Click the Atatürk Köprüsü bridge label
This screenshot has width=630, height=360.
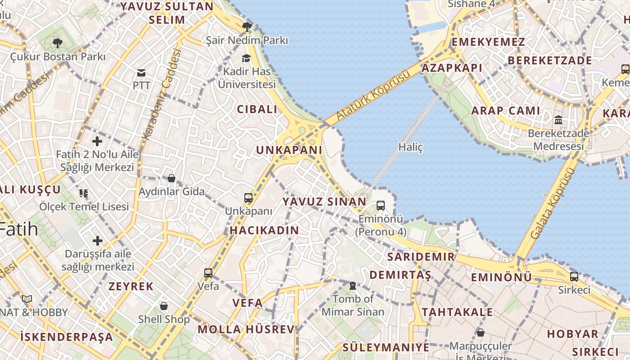coord(373,95)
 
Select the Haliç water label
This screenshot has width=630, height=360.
coord(410,147)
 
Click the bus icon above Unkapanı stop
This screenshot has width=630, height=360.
coord(248,198)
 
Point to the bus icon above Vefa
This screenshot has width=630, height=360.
coord(208,273)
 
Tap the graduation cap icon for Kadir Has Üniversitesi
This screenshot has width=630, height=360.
coord(246,58)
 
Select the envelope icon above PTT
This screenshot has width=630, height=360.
coord(141,72)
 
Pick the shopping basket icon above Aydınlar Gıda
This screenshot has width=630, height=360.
coord(171,178)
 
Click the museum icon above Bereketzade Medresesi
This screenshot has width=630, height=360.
coord(558,120)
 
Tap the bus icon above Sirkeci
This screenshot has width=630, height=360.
coord(574,276)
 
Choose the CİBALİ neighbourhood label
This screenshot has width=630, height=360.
coord(257,109)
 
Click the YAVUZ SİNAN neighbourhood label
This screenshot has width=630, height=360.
coord(324,202)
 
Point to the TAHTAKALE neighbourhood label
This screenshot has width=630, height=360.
coord(457,312)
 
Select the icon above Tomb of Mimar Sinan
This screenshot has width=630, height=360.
coord(353,285)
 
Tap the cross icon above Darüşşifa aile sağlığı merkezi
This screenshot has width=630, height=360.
coord(98,241)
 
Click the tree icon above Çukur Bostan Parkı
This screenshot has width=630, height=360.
coord(57,43)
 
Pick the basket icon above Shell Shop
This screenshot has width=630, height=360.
coord(164,306)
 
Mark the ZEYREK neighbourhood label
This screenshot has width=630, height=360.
coord(131,286)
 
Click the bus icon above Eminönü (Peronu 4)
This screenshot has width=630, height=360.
coord(380,206)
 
